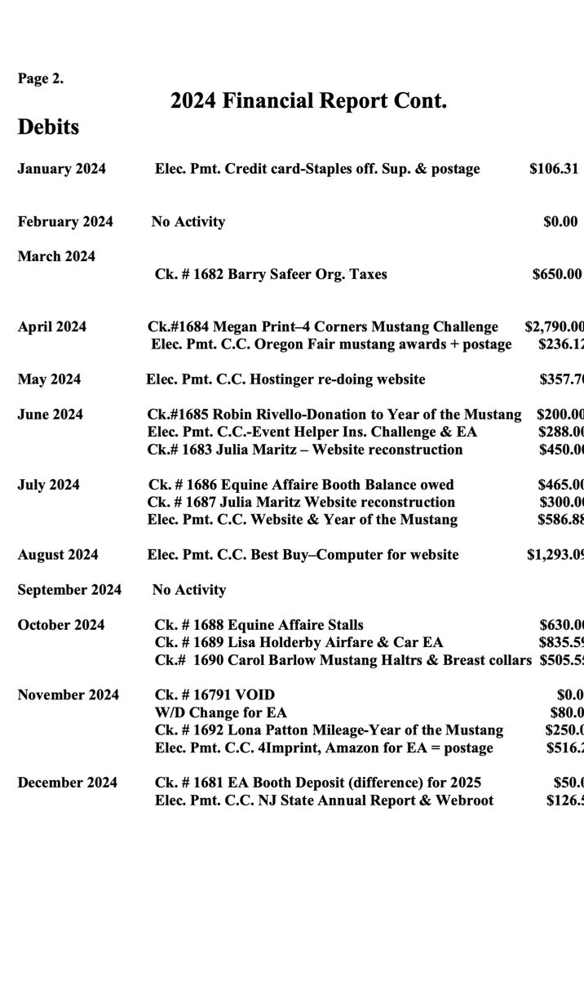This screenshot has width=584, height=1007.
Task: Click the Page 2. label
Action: tap(41, 79)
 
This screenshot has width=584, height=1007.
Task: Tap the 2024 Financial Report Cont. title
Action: tap(308, 102)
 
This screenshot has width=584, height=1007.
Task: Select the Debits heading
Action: tap(48, 127)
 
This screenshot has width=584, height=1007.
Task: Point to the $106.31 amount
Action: tap(554, 169)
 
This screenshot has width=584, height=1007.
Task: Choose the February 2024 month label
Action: tap(65, 222)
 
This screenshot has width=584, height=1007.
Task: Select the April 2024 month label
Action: tap(52, 327)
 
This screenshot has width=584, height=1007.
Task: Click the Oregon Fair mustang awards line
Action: tap(331, 344)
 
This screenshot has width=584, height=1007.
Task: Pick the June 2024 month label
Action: tap(50, 415)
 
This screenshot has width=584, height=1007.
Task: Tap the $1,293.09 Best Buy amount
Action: tap(555, 555)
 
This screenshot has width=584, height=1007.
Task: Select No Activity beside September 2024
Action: tap(188, 590)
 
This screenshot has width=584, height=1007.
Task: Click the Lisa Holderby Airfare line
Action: tap(299, 642)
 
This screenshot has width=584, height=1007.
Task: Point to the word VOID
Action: tap(255, 695)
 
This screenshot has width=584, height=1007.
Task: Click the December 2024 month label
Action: tap(67, 783)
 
